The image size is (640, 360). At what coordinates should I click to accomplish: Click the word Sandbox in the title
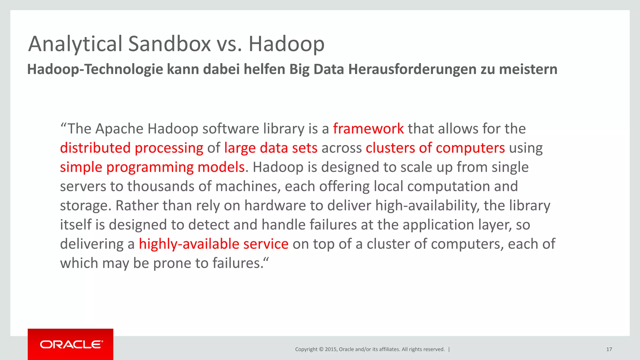pyautogui.click(x=169, y=44)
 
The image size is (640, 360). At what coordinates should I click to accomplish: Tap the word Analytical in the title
pyautogui.click(x=75, y=44)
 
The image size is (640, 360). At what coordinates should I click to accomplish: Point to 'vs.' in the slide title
pyautogui.click(x=229, y=44)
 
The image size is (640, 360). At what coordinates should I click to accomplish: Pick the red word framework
pyautogui.click(x=368, y=129)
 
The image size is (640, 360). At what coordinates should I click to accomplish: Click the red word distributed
pyautogui.click(x=95, y=148)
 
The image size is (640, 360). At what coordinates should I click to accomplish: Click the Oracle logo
pyautogui.click(x=71, y=344)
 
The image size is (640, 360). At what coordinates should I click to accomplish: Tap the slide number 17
pyautogui.click(x=609, y=349)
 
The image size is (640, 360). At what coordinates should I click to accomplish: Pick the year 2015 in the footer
pyautogui.click(x=331, y=349)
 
